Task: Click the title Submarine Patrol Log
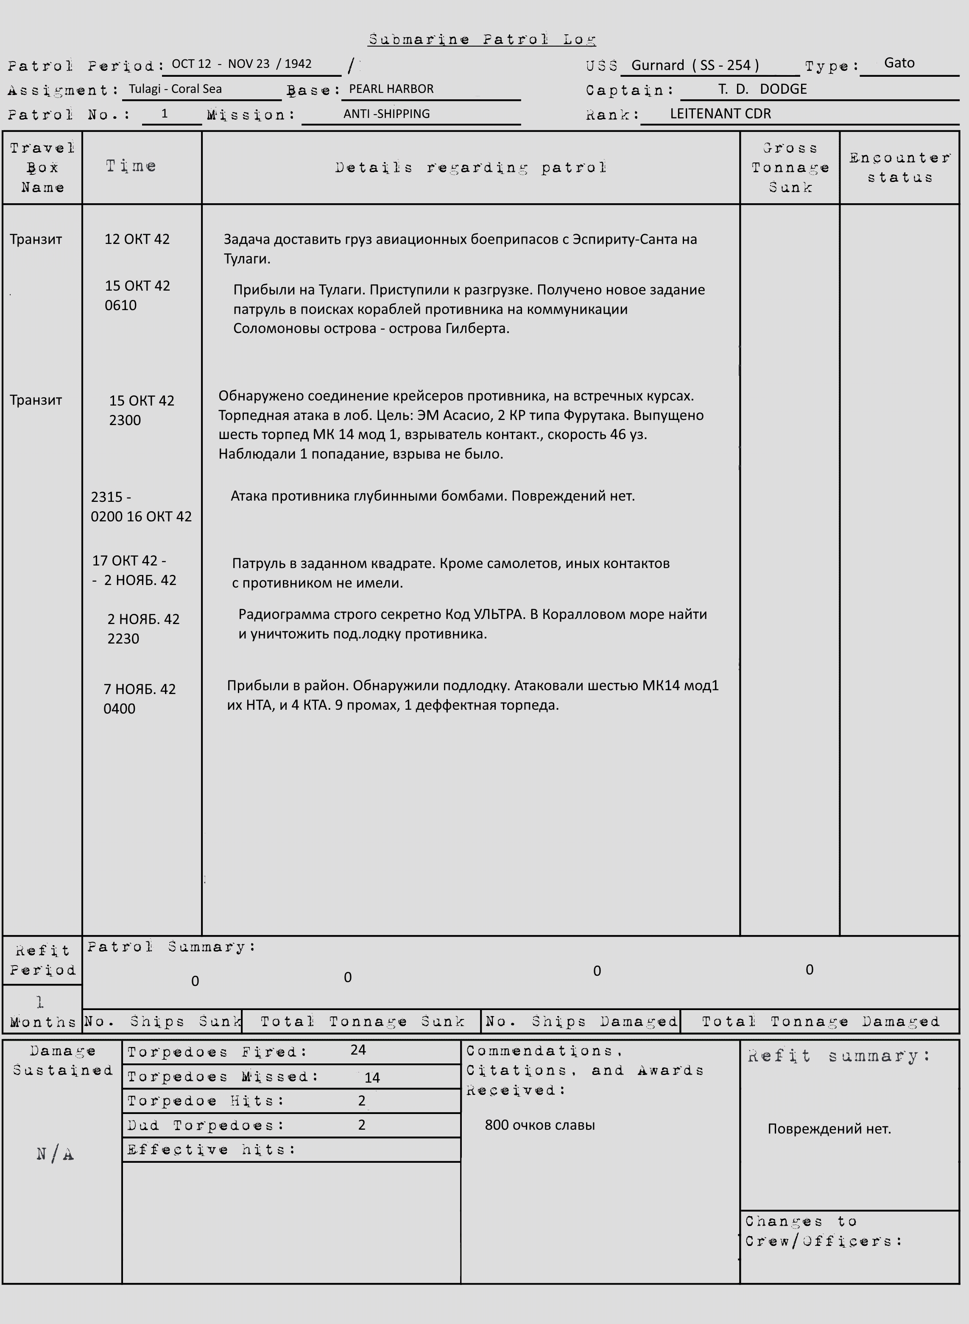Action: [482, 40]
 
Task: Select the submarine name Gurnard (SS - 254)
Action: [695, 65]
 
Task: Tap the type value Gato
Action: [899, 63]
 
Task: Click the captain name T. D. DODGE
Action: [762, 89]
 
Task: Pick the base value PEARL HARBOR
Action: [391, 89]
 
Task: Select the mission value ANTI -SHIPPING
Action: [387, 114]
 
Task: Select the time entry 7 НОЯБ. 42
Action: [140, 689]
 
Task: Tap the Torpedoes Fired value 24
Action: [358, 1050]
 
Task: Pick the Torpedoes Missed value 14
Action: [372, 1078]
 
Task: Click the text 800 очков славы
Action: [540, 1125]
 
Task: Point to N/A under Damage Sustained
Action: [55, 1154]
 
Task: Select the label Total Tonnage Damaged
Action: [820, 1022]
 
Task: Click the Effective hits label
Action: [211, 1150]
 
